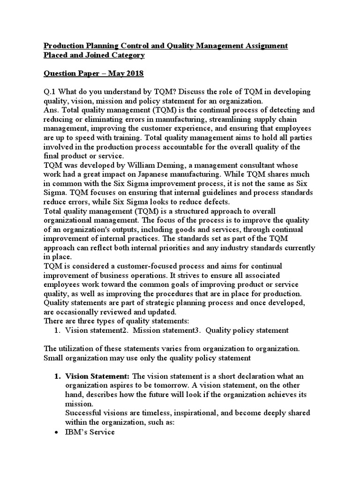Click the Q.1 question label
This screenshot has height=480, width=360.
[x=50, y=92]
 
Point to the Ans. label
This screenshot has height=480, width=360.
[x=52, y=110]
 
